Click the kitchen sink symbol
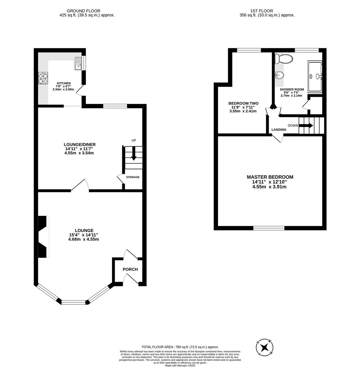tap(78, 63)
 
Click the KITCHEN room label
tap(64, 83)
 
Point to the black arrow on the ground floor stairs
tap(134, 154)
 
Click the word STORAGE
tap(132, 177)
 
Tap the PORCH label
tap(130, 269)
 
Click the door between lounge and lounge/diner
tap(80, 185)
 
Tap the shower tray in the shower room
tap(314, 76)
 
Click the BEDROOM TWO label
tap(243, 103)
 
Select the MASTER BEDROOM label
tap(270, 177)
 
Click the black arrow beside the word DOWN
tap(306, 125)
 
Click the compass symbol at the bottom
tap(265, 347)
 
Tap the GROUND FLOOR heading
tap(83, 11)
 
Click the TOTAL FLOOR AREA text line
tap(180, 347)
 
